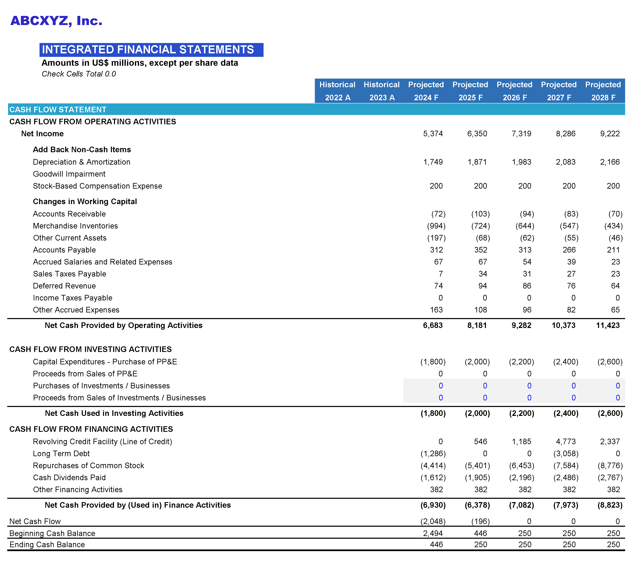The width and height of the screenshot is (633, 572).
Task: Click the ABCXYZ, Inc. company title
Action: (56, 21)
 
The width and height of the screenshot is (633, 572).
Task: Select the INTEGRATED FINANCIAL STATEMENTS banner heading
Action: (148, 50)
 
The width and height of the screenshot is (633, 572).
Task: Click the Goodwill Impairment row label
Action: (69, 174)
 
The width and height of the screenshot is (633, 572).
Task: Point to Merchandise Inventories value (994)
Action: (436, 226)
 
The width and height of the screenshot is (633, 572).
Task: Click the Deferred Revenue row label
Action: (64, 286)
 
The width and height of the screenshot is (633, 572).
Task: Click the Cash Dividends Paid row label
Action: (69, 477)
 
